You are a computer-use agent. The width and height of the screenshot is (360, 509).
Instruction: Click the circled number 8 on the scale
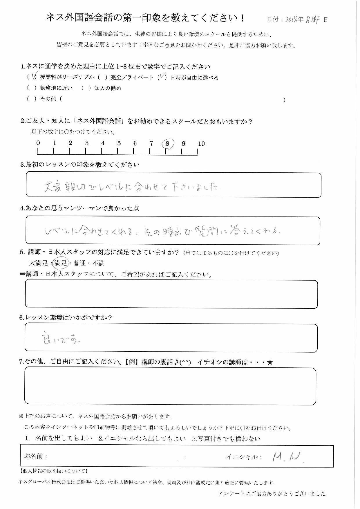tap(167, 144)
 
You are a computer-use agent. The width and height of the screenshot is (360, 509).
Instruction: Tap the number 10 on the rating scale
tap(201, 144)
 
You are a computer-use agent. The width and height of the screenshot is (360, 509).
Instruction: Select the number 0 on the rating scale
tap(38, 143)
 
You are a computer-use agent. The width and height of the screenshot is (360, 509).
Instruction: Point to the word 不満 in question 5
tap(98, 263)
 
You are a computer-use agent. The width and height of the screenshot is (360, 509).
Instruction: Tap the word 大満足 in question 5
tap(39, 263)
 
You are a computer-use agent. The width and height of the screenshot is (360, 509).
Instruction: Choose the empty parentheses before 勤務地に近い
tap(32, 88)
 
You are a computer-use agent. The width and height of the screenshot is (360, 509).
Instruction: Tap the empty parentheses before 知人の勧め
tap(86, 88)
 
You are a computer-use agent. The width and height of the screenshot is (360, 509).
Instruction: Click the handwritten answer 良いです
tap(60, 338)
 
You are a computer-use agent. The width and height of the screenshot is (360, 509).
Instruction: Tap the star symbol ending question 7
tap(270, 362)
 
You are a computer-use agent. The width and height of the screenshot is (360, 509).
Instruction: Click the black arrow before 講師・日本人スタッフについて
tap(23, 274)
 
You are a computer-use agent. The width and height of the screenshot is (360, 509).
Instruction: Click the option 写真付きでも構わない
tap(226, 439)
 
